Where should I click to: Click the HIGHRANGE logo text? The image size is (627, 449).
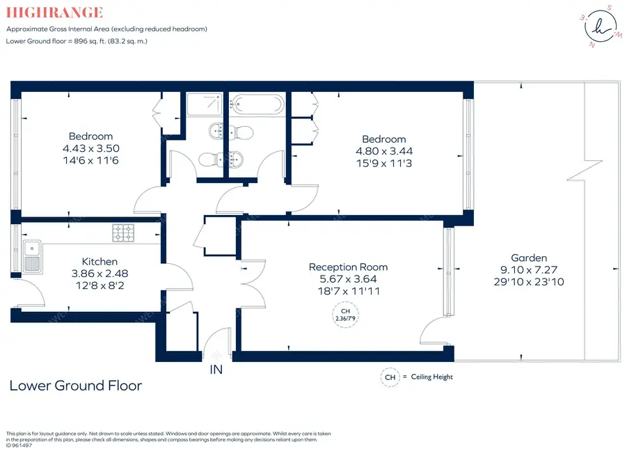[x=54, y=13]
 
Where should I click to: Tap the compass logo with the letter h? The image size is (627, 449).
[x=601, y=26]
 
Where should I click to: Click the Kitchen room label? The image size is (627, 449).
[x=100, y=262]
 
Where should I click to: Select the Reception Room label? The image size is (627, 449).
[x=348, y=267]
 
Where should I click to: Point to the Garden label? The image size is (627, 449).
[x=529, y=258]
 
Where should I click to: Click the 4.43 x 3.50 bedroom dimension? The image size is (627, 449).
[x=90, y=148]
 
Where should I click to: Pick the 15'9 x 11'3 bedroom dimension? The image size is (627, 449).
[x=384, y=164]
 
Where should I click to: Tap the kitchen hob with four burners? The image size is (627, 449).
[x=122, y=233]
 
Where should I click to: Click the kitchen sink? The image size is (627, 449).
[x=32, y=256]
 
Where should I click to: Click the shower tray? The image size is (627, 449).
[x=205, y=104]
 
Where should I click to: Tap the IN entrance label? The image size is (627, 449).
[x=216, y=370]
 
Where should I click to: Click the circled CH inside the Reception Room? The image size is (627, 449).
[x=345, y=315]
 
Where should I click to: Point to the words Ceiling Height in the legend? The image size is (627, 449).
[x=432, y=377]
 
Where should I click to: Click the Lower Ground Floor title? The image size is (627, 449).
[x=76, y=386]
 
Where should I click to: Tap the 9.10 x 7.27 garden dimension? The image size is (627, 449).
[x=529, y=270]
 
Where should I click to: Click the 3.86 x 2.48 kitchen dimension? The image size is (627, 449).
[x=100, y=274]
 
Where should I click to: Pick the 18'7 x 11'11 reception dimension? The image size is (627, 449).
[x=349, y=292]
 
